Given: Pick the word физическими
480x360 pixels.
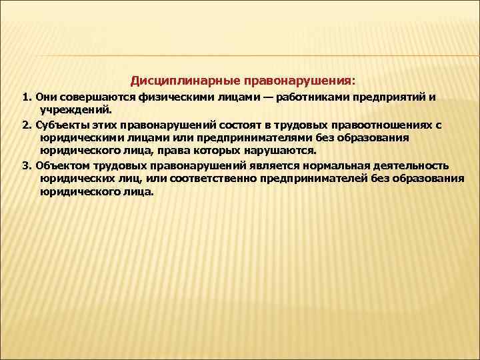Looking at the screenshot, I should [x=152, y=97].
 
